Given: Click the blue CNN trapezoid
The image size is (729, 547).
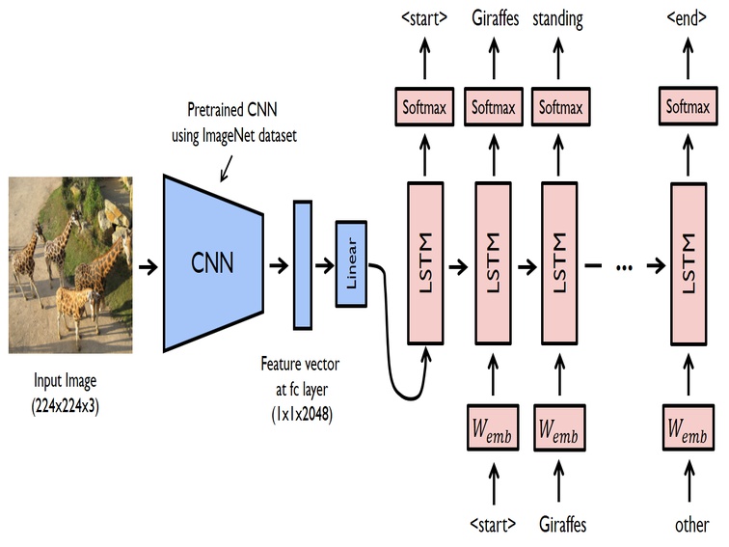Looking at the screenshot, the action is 213,262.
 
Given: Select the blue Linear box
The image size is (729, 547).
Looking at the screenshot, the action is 351,263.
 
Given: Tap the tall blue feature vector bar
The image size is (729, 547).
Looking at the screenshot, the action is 302,264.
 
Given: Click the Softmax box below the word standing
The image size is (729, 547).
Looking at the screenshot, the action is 560,106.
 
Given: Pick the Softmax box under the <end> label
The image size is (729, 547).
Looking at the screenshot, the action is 688,106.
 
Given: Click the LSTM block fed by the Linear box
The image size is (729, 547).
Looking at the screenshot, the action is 425,263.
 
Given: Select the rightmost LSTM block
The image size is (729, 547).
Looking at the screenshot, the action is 688,263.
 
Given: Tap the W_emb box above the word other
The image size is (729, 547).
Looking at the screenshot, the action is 688,428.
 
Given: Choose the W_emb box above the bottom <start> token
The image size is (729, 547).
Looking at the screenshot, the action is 493,428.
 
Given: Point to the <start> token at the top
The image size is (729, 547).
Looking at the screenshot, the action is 424,18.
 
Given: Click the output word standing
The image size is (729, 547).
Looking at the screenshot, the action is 558,19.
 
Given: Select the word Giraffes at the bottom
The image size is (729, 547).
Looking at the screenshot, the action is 562,525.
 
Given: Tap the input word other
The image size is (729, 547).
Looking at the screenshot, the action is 691,525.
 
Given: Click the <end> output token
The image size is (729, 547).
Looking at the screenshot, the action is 687,17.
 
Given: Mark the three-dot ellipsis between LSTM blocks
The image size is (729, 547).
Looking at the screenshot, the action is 624,267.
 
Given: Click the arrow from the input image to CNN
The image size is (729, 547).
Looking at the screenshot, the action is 148,267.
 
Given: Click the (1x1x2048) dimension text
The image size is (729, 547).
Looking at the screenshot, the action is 302,414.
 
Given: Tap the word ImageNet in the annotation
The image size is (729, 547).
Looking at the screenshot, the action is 229,136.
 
